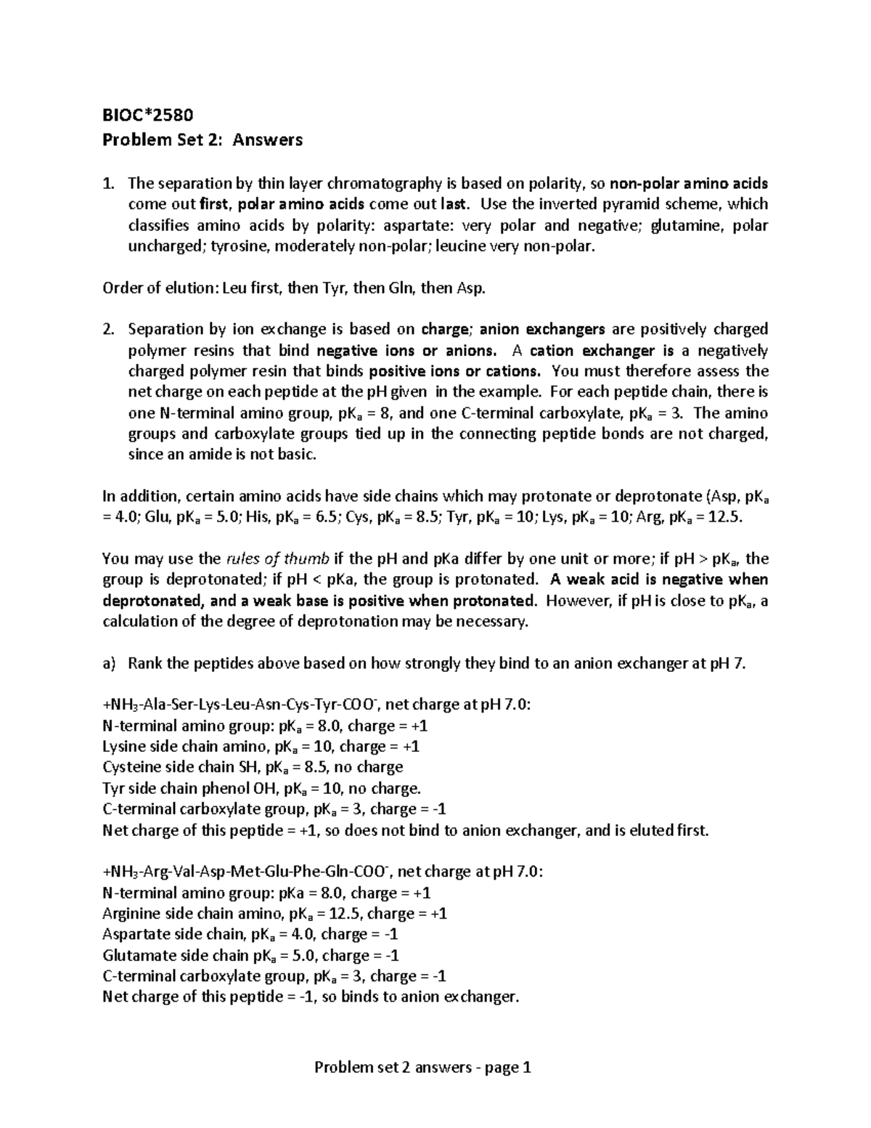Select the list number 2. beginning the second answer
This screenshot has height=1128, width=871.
pos(107,329)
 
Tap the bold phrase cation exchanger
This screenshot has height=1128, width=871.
pos(591,350)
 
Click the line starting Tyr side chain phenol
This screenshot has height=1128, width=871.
pos(261,788)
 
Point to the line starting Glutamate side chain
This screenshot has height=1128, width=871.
pos(250,955)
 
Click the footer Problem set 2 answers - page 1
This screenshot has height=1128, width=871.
pos(422,1067)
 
